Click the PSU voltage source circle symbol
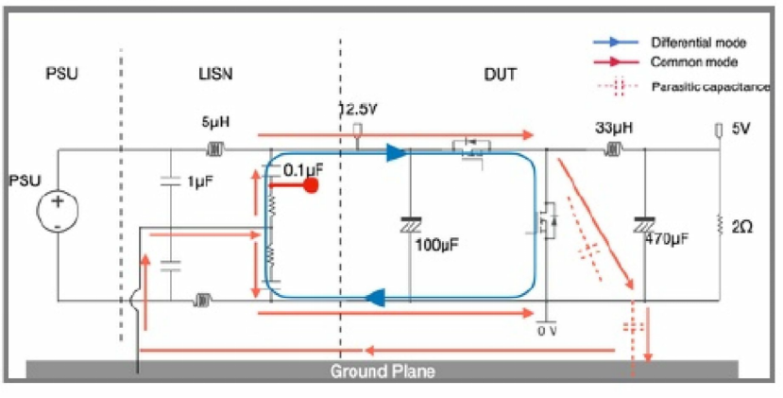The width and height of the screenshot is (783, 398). [x=58, y=210]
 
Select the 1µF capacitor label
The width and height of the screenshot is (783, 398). [x=198, y=179]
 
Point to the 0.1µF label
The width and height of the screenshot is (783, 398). [x=304, y=171]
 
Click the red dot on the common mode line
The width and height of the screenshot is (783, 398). [x=308, y=187]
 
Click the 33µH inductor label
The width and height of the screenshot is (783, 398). [x=615, y=127]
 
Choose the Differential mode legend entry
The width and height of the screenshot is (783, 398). [x=698, y=43]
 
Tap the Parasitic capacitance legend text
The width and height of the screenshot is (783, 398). [x=710, y=87]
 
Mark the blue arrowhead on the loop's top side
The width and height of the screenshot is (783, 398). [x=395, y=151]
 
